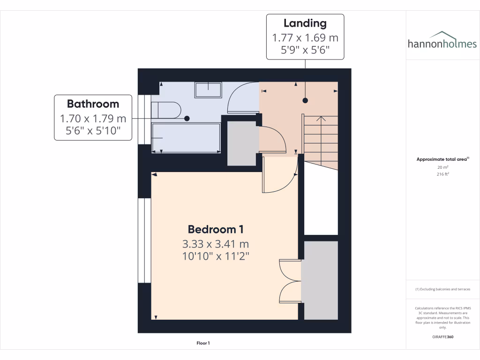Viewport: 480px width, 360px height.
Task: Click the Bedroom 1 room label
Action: [x=215, y=229]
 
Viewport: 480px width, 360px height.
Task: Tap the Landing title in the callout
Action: [x=305, y=23]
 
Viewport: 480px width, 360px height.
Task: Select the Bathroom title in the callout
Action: [x=93, y=104]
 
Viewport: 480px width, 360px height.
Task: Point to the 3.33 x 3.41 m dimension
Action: [x=215, y=244]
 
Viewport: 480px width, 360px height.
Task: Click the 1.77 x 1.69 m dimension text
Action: [x=305, y=37]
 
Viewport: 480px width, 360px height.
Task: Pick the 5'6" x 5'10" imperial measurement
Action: [x=93, y=132]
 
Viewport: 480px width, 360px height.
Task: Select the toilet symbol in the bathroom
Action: [x=166, y=110]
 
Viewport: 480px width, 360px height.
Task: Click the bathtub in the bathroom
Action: [x=186, y=137]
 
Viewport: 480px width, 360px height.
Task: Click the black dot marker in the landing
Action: [x=305, y=100]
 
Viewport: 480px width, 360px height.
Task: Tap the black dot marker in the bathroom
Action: [x=187, y=119]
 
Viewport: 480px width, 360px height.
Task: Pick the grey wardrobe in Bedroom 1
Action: [x=319, y=280]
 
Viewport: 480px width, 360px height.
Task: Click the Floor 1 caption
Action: [x=203, y=343]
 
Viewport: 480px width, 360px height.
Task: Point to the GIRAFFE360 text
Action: [x=442, y=337]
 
